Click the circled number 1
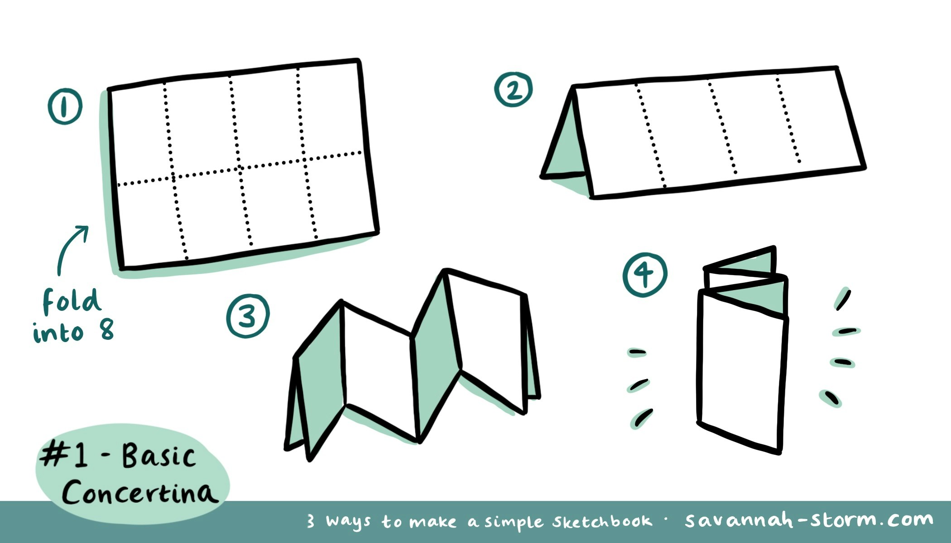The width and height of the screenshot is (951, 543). tap(65, 106)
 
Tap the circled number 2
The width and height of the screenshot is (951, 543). tap(513, 90)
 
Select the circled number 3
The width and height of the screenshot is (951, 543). tap(248, 316)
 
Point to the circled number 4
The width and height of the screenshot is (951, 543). tap(644, 275)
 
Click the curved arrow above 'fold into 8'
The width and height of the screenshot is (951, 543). tap(71, 249)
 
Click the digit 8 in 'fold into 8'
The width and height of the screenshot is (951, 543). tap(106, 330)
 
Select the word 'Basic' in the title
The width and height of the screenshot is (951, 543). tap(158, 456)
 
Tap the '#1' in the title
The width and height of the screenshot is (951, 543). tap(63, 455)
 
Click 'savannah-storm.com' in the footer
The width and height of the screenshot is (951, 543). tap(808, 520)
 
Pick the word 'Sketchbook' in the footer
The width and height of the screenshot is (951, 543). tap(602, 522)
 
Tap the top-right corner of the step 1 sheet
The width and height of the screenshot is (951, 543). tap(359, 61)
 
